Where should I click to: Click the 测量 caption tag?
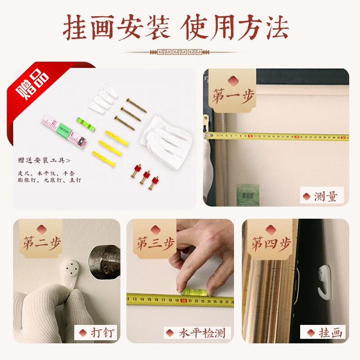(322, 197)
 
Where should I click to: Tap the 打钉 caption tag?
(96, 333)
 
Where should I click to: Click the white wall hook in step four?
(324, 280)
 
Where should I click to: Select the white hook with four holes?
(71, 270)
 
